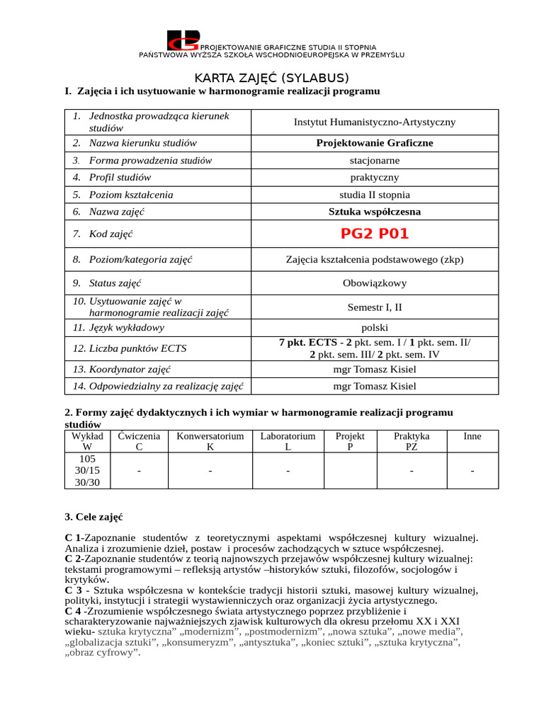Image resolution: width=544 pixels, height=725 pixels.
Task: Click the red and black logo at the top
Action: pyautogui.click(x=183, y=41)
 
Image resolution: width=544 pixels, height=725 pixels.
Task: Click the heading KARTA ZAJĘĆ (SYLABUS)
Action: pyautogui.click(x=272, y=78)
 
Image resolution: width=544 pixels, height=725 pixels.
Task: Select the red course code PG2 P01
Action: pyautogui.click(x=375, y=234)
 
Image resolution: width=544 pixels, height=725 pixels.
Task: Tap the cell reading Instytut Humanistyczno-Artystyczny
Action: pyautogui.click(x=375, y=122)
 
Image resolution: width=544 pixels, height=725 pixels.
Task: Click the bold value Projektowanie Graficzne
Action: pyautogui.click(x=375, y=143)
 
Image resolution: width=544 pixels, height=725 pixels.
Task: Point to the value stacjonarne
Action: pyautogui.click(x=375, y=161)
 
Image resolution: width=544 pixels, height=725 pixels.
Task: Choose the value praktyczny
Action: pyautogui.click(x=375, y=178)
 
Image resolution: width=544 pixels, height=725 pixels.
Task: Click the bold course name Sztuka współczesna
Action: pyautogui.click(x=375, y=212)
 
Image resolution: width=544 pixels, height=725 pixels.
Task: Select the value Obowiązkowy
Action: pyautogui.click(x=375, y=283)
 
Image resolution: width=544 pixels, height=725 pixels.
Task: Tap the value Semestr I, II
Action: pyautogui.click(x=375, y=307)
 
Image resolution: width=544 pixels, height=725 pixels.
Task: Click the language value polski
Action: pyautogui.click(x=375, y=328)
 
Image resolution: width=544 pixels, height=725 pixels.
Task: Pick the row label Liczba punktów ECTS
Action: pyautogui.click(x=133, y=348)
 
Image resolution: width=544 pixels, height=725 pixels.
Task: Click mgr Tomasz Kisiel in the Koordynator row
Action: pyautogui.click(x=375, y=370)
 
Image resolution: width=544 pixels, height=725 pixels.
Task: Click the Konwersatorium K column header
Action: pyautogui.click(x=210, y=442)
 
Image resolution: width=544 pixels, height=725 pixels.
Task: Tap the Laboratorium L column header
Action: pyautogui.click(x=288, y=442)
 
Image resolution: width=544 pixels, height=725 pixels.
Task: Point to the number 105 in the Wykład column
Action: pyautogui.click(x=87, y=459)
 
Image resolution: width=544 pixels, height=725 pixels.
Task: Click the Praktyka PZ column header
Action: pyautogui.click(x=412, y=442)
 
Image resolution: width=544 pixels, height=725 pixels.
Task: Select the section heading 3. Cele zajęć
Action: pyautogui.click(x=93, y=518)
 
